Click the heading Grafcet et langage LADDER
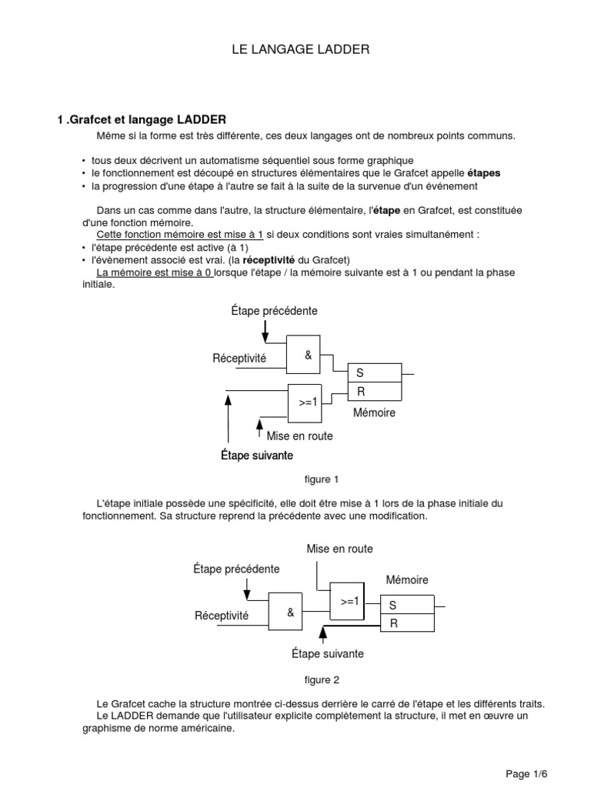coord(142,119)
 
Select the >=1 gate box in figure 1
coord(308,402)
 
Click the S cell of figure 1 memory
coord(374,373)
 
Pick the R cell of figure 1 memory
coord(374,392)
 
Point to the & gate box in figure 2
coord(290,613)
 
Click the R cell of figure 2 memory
coord(408,623)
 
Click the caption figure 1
coord(322,479)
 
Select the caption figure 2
coord(322,679)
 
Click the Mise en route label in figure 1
coord(299,436)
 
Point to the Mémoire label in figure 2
coord(407,579)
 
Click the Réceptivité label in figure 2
coord(222,616)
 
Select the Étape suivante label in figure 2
coord(328,654)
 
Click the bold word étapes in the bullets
coord(484,173)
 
